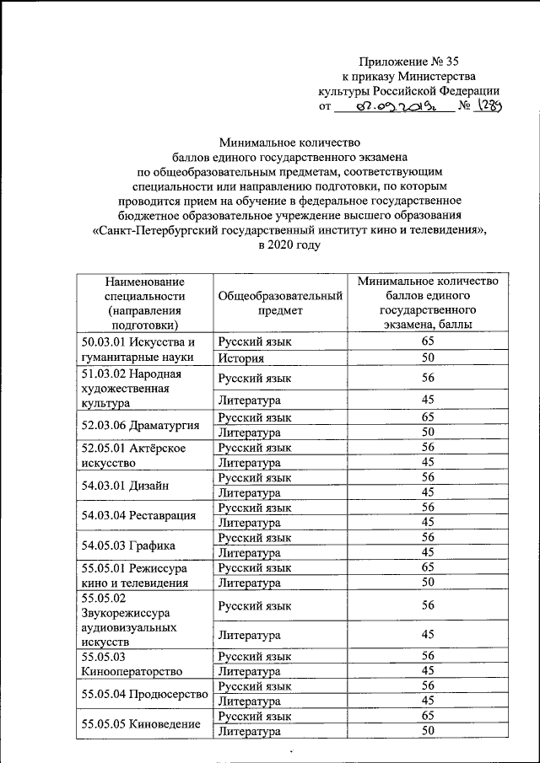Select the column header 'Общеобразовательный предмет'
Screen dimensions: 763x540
point(280,303)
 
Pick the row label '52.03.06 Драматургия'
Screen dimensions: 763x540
point(139,423)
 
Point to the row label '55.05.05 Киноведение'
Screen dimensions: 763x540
point(140,724)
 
